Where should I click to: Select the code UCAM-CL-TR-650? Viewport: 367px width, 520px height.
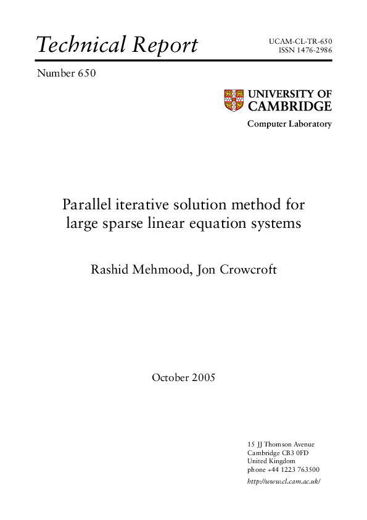point(300,41)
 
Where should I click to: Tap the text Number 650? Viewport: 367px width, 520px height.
point(67,74)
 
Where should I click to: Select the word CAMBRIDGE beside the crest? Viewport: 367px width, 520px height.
point(290,106)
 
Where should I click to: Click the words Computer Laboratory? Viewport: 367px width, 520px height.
point(289,124)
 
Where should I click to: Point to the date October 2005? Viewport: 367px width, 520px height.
point(183,377)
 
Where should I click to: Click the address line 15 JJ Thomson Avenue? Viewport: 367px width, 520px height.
point(281,444)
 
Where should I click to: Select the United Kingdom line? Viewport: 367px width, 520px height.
point(271,461)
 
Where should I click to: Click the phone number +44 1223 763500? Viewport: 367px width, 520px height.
point(292,470)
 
